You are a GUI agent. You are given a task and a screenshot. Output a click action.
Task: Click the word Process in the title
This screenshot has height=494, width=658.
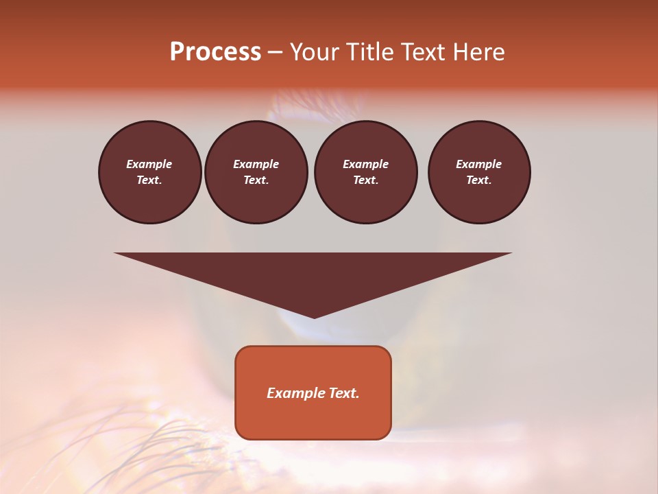[x=215, y=52]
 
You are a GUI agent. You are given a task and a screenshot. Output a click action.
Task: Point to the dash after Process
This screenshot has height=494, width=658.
[x=275, y=53]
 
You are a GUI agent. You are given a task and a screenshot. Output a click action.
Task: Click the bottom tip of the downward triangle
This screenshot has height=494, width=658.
[x=314, y=316]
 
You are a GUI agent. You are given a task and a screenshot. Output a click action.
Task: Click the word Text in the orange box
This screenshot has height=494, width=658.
[x=343, y=393]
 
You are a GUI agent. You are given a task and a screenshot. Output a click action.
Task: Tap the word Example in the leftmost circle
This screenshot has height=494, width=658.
[x=149, y=164]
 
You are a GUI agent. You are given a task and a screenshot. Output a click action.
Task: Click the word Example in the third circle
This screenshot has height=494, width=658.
[x=365, y=164]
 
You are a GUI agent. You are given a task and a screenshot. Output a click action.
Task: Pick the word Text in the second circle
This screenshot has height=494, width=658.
[x=255, y=180]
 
